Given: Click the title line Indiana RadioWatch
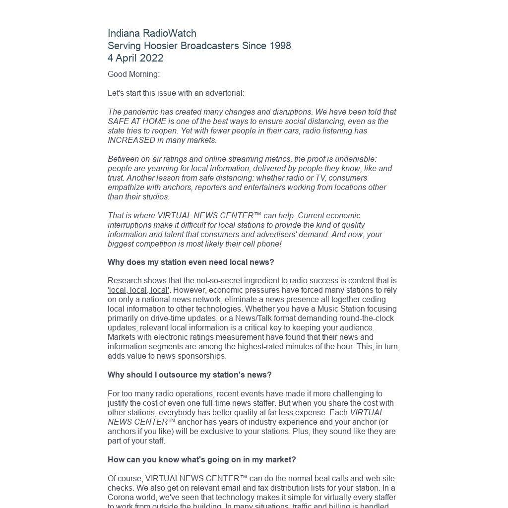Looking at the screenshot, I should pyautogui.click(x=152, y=33).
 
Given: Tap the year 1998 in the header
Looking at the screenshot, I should pyautogui.click(x=280, y=46).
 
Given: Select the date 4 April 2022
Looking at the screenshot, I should pyautogui.click(x=135, y=58).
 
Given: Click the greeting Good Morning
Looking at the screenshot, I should pyautogui.click(x=133, y=74).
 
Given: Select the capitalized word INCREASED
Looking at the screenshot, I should pyautogui.click(x=131, y=140).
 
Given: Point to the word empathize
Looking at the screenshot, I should pyautogui.click(x=125, y=188).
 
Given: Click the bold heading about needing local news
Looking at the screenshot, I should pyautogui.click(x=190, y=262).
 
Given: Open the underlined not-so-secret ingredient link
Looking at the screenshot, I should pyautogui.click(x=290, y=281).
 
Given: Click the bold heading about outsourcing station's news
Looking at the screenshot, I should pyautogui.click(x=190, y=375).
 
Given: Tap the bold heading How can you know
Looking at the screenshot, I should pyautogui.click(x=201, y=460).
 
